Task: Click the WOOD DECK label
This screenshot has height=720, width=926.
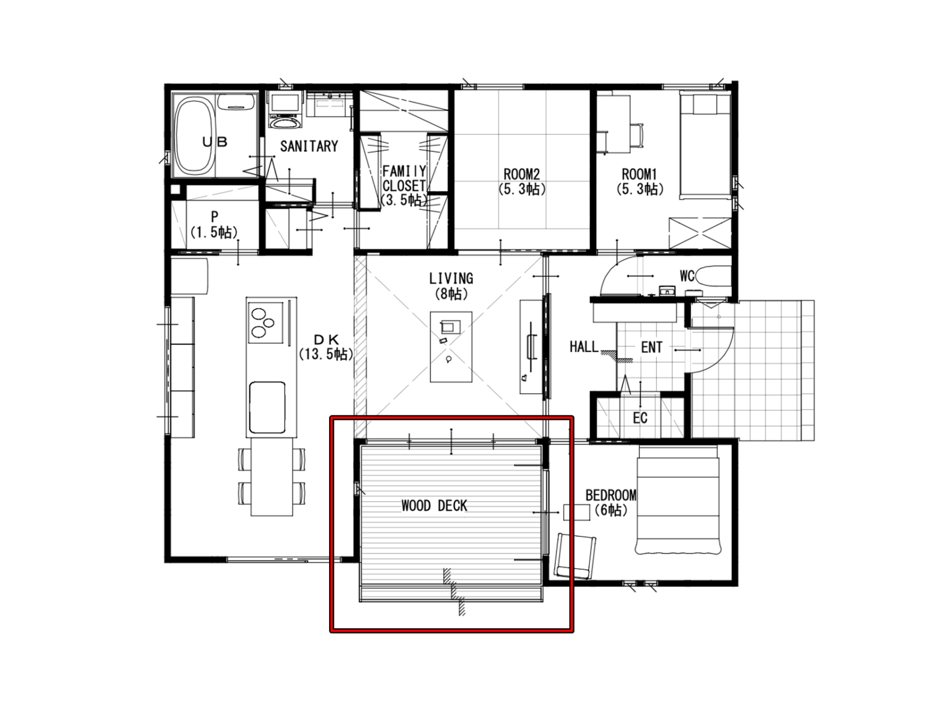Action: (x=434, y=506)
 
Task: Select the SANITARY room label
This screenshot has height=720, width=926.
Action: (x=309, y=146)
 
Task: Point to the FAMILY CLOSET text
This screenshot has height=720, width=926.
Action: (x=404, y=178)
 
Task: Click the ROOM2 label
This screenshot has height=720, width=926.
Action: (x=521, y=174)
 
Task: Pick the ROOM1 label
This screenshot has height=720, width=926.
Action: (x=639, y=174)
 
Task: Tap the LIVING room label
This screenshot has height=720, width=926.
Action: (x=451, y=278)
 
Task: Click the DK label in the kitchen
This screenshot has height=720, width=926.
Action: (x=326, y=339)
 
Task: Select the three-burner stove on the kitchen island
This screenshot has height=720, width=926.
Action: (x=266, y=323)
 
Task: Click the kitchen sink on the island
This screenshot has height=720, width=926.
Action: (x=267, y=407)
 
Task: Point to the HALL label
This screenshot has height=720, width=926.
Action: (x=584, y=347)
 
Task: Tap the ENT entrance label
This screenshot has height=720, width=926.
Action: (x=652, y=347)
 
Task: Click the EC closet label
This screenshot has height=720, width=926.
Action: (x=640, y=418)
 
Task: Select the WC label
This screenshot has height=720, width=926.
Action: (x=687, y=276)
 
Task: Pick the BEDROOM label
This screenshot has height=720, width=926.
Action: (x=611, y=495)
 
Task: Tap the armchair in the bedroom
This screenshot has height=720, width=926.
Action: (x=575, y=556)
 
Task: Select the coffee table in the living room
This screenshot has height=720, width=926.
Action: (x=451, y=347)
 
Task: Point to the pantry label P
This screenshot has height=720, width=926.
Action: (x=215, y=216)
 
